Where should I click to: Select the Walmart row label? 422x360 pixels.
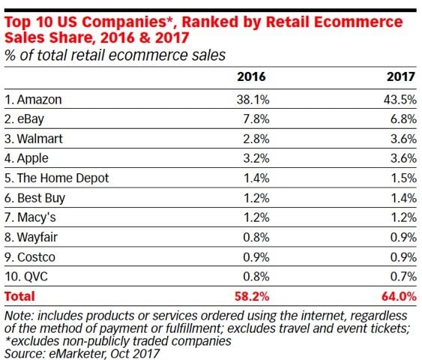(x=36, y=139)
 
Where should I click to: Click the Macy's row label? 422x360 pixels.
(x=34, y=217)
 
